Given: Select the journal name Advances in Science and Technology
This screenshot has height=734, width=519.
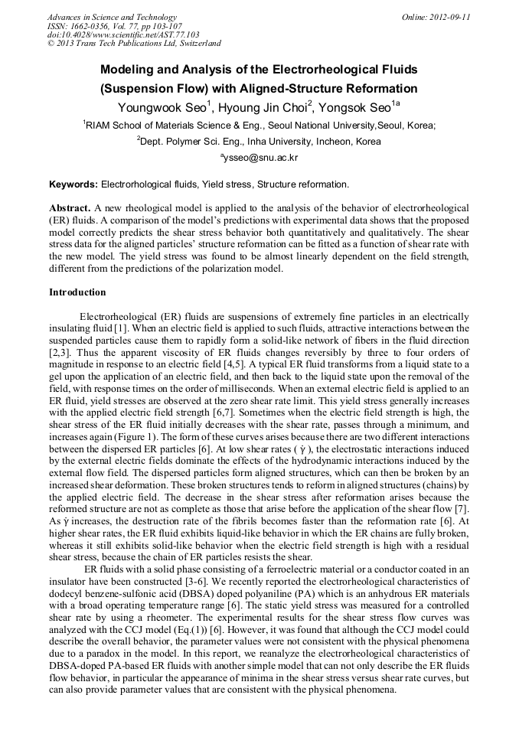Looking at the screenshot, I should pos(112,17).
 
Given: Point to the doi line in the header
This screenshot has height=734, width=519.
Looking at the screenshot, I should pos(123,34).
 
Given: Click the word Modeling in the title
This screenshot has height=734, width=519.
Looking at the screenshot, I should pos(130,70).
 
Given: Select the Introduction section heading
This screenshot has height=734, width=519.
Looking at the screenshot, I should pos(77,292).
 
